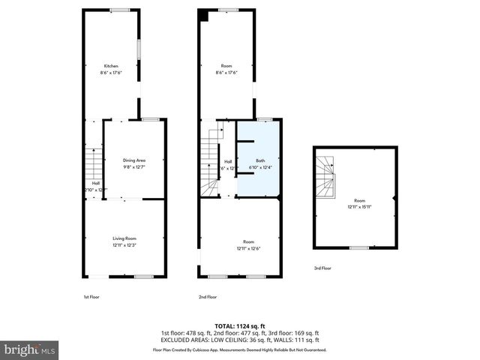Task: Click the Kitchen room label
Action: [111, 66]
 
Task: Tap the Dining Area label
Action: [134, 160]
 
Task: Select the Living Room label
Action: [124, 238]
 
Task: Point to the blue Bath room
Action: [259, 154]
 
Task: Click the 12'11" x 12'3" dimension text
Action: [124, 244]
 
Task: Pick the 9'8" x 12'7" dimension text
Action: [134, 166]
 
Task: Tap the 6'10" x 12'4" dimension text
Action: [260, 166]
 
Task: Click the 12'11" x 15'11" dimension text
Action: [360, 207]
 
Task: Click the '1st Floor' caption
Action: [91, 297]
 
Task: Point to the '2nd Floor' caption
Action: [207, 297]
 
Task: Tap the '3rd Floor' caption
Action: [322, 268]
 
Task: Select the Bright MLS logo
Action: [30, 349]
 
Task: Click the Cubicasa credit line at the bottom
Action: [240, 349]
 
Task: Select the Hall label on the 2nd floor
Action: [227, 161]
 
